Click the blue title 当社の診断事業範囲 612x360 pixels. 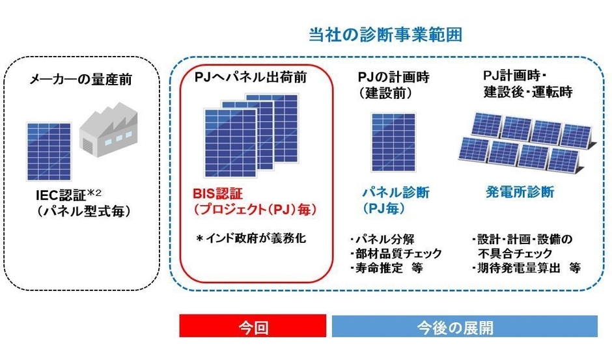pyautogui.click(x=385, y=35)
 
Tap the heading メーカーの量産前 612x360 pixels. pyautogui.click(x=81, y=79)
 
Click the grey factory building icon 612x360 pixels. pyautogui.click(x=108, y=130)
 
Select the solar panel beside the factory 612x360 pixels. pyautogui.click(x=49, y=152)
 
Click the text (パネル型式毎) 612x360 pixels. pyautogui.click(x=83, y=211)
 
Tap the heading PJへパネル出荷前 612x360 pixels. pyautogui.click(x=251, y=77)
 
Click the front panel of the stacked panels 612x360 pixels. pyautogui.click(x=230, y=143)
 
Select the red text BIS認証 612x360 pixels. pyautogui.click(x=218, y=193)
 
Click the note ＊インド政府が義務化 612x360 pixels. pyautogui.click(x=251, y=238)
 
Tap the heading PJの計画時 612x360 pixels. pyautogui.click(x=393, y=77)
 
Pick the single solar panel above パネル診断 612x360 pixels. pyautogui.click(x=393, y=143)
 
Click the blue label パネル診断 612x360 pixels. pyautogui.click(x=396, y=193)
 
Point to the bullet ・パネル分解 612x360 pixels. pyautogui.click(x=382, y=239)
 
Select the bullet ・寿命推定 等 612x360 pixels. pyautogui.click(x=386, y=268)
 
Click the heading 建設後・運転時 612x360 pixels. pyautogui.click(x=528, y=92)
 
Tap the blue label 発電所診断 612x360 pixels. pyautogui.click(x=520, y=192)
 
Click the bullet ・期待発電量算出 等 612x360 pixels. pyautogui.click(x=526, y=268)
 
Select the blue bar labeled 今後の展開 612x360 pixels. pyautogui.click(x=464, y=326)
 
